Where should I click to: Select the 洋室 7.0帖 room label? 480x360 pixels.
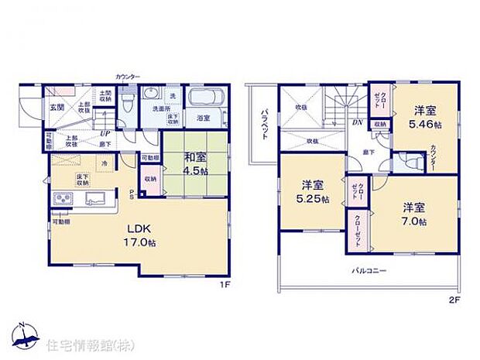pos(415,214)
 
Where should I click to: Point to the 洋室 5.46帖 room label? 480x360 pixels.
pos(426,117)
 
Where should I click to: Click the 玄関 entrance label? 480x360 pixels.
pos(57,107)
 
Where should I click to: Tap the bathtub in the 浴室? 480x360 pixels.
pos(205,99)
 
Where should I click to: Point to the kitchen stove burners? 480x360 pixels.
pos(62,199)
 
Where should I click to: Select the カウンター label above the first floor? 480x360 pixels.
pos(127,77)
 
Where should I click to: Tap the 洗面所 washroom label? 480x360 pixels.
pos(160,108)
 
